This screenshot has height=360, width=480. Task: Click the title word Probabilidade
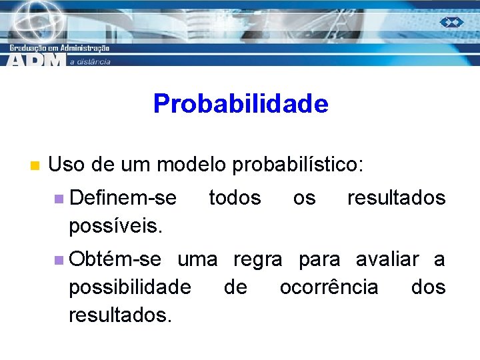(241, 104)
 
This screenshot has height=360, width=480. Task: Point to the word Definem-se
(123, 198)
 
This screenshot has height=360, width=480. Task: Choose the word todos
(235, 198)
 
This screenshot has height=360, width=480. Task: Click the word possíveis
(115, 227)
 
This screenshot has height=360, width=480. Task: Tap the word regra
(257, 259)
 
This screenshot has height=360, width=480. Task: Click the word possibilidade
(129, 287)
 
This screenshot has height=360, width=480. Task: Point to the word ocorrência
(329, 287)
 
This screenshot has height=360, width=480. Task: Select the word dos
(428, 287)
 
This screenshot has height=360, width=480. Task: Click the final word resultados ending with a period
(120, 315)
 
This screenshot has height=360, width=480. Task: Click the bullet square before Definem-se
(59, 199)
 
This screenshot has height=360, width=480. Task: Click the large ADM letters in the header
(36, 59)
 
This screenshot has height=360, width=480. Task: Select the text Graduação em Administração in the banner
(59, 47)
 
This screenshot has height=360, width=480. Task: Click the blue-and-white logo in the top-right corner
(451, 22)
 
